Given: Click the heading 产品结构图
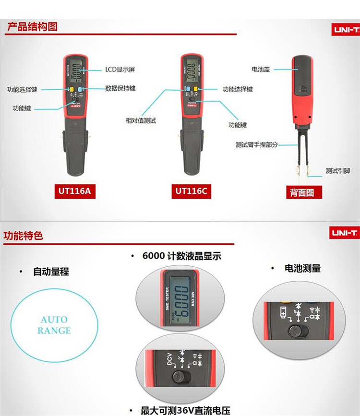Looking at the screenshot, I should click(x=32, y=26).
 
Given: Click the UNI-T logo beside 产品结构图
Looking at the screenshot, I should click(x=345, y=29).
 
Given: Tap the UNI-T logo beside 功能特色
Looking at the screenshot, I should click(x=344, y=233).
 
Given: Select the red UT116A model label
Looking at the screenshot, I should click(x=74, y=191).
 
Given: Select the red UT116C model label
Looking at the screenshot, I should click(x=191, y=191).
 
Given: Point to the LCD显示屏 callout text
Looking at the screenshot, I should click(x=120, y=70).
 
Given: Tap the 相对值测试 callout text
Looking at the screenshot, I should click(x=141, y=121).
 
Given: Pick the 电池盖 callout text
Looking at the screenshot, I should click(x=261, y=69).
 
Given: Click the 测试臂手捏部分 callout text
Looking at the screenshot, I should click(x=256, y=144).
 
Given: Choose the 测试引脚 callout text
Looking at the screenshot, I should click(x=337, y=171).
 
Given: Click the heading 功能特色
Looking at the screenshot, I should click(x=24, y=236).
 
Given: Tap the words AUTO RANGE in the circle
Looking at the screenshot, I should click(x=54, y=325).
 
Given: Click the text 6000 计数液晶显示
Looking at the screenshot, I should click(x=181, y=256).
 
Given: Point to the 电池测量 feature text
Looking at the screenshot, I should click(x=302, y=268).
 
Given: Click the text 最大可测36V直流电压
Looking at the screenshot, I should click(x=185, y=411).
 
